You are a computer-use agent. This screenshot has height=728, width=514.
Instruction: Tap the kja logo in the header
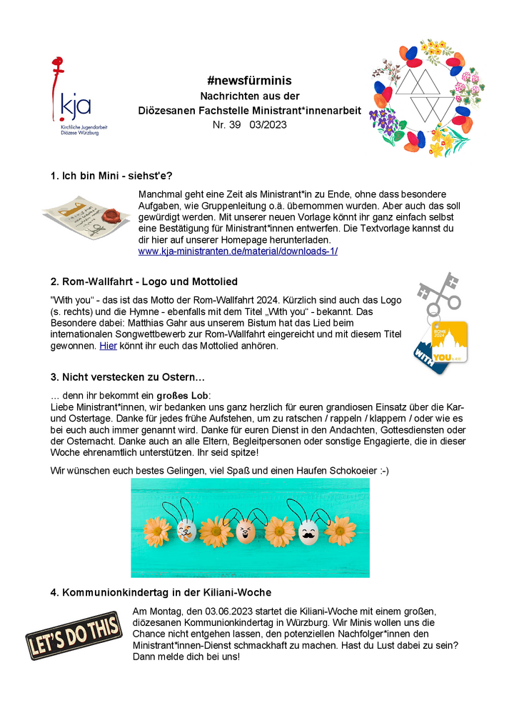pyautogui.click(x=72, y=99)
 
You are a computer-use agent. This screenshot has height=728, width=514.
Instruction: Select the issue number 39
pyautogui.click(x=231, y=125)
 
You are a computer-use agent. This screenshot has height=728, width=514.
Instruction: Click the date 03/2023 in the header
pyautogui.click(x=268, y=125)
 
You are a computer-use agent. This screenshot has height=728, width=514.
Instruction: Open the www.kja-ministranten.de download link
pyautogui.click(x=238, y=251)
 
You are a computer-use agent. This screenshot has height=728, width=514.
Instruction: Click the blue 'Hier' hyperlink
pyautogui.click(x=108, y=346)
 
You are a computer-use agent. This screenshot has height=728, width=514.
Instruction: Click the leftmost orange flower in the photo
pyautogui.click(x=157, y=532)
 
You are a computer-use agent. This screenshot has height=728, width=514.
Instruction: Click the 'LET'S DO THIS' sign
pyautogui.click(x=74, y=635)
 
